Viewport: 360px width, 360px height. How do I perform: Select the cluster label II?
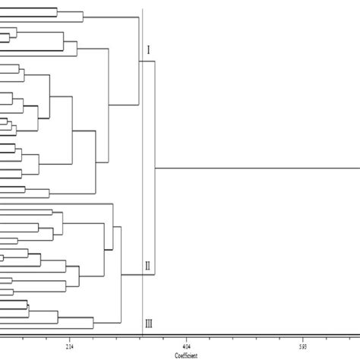pyautogui.click(x=149, y=266)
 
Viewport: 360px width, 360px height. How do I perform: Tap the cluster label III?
pyautogui.click(x=149, y=324)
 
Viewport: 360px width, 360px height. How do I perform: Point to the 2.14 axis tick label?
pyautogui.click(x=70, y=346)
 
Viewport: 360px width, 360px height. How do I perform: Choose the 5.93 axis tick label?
pyautogui.click(x=302, y=346)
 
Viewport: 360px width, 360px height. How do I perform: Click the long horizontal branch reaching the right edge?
pyautogui.click(x=258, y=168)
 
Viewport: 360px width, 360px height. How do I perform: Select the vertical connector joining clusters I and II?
pyautogui.click(x=155, y=168)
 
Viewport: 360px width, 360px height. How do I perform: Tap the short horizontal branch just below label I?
pyautogui.click(x=147, y=62)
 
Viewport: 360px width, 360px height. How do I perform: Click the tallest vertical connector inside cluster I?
pyautogui.click(x=139, y=61)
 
